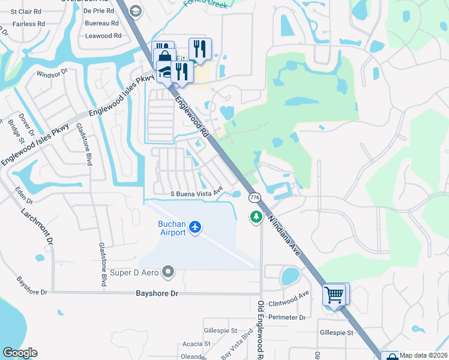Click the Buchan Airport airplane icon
coord(194,227)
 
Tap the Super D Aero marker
coord(168,273)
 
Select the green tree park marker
coord(256,216)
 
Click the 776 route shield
coord(255,197)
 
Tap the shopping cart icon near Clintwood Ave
coord(334,294)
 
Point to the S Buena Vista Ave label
coord(196,193)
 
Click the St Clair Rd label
coord(22,11)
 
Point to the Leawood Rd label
coord(103,36)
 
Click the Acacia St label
coord(197,344)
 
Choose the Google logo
coord(20,353)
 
